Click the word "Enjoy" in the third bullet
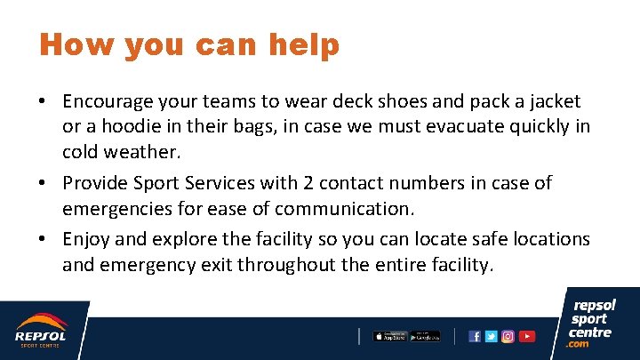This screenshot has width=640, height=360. point(87,239)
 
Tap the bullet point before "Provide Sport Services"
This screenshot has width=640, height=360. point(44,183)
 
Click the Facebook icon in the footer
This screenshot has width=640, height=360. point(475,336)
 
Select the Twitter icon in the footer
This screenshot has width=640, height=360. point(492,336)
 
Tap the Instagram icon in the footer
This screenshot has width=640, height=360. point(508,336)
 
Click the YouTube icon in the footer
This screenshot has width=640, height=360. point(527,336)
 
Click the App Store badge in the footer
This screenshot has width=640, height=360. point(389,336)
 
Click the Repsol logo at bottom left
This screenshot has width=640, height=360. point(40,330)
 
